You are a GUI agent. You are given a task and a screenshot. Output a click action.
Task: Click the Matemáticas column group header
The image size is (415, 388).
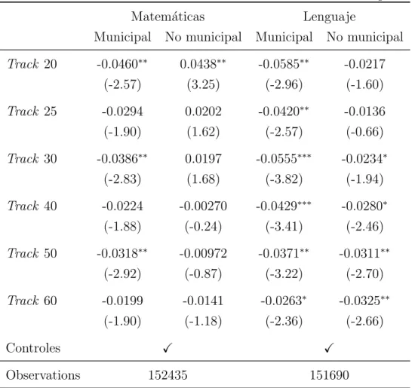[x=168, y=17]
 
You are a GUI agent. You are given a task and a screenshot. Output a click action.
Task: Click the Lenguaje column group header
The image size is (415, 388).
[x=329, y=17]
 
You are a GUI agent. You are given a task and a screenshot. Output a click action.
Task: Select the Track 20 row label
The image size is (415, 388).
[x=32, y=64]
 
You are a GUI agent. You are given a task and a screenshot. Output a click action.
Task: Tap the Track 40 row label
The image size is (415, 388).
[x=32, y=206]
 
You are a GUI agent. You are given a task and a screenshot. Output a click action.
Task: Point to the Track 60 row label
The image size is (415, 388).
[x=32, y=301]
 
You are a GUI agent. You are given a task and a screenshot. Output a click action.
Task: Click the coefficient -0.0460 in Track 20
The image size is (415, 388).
[x=122, y=64]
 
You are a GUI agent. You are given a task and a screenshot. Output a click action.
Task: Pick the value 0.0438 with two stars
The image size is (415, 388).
[x=203, y=64]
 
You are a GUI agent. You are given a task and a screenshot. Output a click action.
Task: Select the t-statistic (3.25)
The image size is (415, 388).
[x=203, y=84]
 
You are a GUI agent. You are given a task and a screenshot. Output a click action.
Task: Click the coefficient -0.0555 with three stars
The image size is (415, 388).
[x=284, y=158]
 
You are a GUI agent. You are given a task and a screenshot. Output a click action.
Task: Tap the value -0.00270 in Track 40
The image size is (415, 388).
[x=203, y=206]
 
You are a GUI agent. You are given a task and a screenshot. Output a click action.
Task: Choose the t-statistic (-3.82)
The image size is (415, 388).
[x=284, y=179]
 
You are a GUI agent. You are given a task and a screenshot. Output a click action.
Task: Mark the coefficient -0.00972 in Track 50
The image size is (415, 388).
[x=203, y=253]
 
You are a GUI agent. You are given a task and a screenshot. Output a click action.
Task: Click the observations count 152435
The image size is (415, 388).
[x=168, y=375]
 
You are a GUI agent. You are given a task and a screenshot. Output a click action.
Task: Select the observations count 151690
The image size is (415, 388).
[x=329, y=375]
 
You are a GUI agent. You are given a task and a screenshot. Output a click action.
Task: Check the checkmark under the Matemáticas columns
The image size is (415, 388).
[x=168, y=348]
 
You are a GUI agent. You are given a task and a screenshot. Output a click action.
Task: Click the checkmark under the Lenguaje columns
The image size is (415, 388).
[x=329, y=348]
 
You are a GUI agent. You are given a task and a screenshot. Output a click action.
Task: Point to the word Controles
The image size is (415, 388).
[x=33, y=348]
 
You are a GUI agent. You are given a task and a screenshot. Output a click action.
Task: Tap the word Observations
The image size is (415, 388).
[x=43, y=375]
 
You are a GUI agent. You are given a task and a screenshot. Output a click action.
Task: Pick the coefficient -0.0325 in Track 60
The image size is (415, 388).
[x=364, y=301]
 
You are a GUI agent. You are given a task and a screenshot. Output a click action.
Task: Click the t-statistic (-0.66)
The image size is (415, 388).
[x=364, y=132]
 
